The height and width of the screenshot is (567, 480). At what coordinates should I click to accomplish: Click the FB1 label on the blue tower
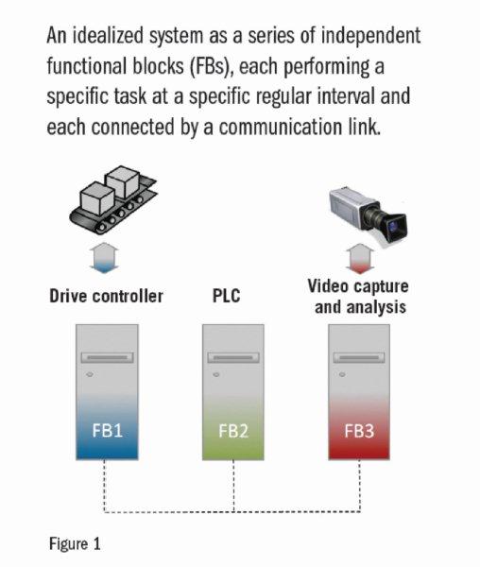pyautogui.click(x=108, y=430)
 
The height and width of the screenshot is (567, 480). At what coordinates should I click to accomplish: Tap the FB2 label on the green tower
pyautogui.click(x=233, y=431)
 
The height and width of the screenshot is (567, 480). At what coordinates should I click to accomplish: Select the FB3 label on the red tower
pyautogui.click(x=359, y=431)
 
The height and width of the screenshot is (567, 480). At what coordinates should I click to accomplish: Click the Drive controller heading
pyautogui.click(x=106, y=296)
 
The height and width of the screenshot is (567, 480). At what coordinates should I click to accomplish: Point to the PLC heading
pyautogui.click(x=226, y=296)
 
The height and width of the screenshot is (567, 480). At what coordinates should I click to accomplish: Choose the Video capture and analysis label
pyautogui.click(x=358, y=297)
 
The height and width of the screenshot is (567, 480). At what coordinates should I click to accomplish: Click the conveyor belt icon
pyautogui.click(x=113, y=200)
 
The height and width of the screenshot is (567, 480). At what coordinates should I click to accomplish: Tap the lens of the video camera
pyautogui.click(x=395, y=228)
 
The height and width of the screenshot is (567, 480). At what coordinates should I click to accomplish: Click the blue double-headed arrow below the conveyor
pyautogui.click(x=104, y=258)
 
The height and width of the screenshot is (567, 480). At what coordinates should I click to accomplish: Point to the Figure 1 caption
pyautogui.click(x=75, y=544)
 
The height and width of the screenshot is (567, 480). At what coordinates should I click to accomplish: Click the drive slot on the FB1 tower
pyautogui.click(x=107, y=357)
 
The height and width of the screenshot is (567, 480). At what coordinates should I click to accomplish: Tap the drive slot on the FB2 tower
pyautogui.click(x=233, y=357)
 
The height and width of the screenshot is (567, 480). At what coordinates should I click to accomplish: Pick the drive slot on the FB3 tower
pyautogui.click(x=359, y=357)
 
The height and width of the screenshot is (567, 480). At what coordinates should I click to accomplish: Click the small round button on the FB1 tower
pyautogui.click(x=90, y=374)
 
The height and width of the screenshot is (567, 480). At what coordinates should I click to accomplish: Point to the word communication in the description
pyautogui.click(x=281, y=128)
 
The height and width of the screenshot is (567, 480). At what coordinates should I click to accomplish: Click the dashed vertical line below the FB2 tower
pyautogui.click(x=233, y=486)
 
